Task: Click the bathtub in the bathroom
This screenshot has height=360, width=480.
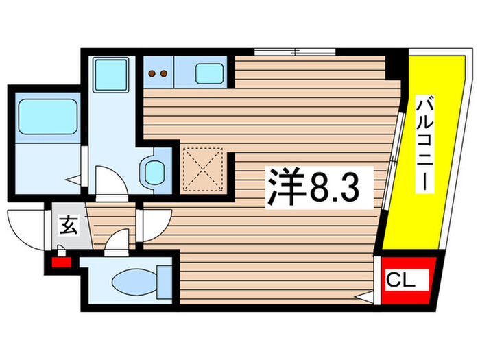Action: [45, 115]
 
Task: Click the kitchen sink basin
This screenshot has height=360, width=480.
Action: [208, 71]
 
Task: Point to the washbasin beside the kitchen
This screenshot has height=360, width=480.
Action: [152, 171]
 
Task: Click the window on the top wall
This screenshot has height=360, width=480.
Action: [295, 51]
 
